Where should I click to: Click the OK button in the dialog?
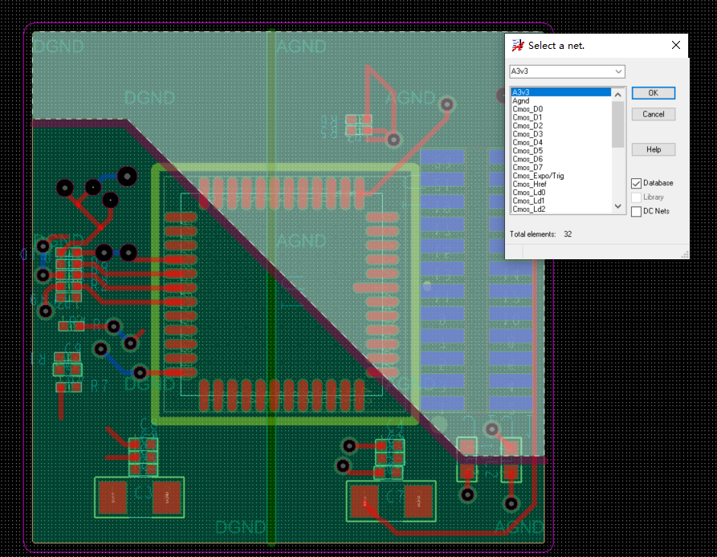coord(653,93)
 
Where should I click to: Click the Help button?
coord(653,149)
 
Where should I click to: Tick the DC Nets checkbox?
coord(637,212)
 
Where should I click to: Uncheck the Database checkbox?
coord(637,184)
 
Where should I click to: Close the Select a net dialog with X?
coord(675,46)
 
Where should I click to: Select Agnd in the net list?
coord(521,101)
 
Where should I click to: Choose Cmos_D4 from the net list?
coord(528,143)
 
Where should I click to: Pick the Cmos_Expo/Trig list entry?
coord(538,176)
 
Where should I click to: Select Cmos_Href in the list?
coord(529,185)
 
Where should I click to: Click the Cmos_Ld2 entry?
coord(528,209)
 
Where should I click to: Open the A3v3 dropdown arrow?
coord(618,71)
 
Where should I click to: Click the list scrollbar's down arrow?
coord(617,206)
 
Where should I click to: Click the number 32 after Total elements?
coord(568,234)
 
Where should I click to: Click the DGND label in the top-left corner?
coord(58,47)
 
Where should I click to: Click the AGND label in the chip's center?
coord(301,241)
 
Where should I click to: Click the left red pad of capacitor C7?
coord(365,502)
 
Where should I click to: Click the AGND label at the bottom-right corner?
coord(519,527)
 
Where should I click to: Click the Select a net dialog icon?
coord(518,46)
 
